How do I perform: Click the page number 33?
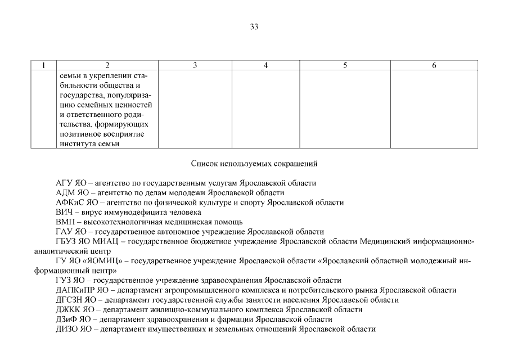click(x=254, y=26)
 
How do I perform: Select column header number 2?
click(x=107, y=65)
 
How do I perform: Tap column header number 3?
click(x=195, y=65)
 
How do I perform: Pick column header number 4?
click(x=265, y=65)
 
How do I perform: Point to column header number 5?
click(x=345, y=65)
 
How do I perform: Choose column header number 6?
click(x=434, y=65)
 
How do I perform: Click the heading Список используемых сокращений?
click(x=254, y=164)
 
